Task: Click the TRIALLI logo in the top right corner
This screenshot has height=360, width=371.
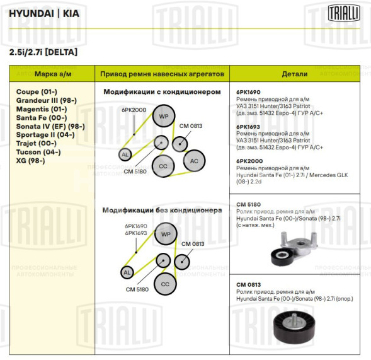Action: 343,12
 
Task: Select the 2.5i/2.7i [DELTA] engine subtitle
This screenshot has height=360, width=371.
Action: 43,52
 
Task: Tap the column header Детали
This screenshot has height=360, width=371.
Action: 294,74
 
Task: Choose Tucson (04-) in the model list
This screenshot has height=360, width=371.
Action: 38,152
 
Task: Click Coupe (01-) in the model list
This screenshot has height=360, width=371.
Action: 37,91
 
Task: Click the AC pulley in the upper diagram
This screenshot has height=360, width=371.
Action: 194,161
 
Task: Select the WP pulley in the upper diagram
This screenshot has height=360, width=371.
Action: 164,117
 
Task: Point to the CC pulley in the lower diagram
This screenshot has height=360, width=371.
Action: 165,284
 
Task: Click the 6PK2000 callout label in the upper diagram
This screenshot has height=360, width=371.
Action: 134,110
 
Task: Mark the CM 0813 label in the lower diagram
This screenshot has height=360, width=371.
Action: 193,244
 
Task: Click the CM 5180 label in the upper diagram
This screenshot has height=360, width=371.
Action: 136,171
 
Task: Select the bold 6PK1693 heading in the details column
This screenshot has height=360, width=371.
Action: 248,126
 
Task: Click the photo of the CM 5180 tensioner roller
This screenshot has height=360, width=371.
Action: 296,248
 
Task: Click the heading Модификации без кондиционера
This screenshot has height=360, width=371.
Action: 162,209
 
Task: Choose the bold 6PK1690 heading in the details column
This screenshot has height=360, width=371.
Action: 248,92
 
